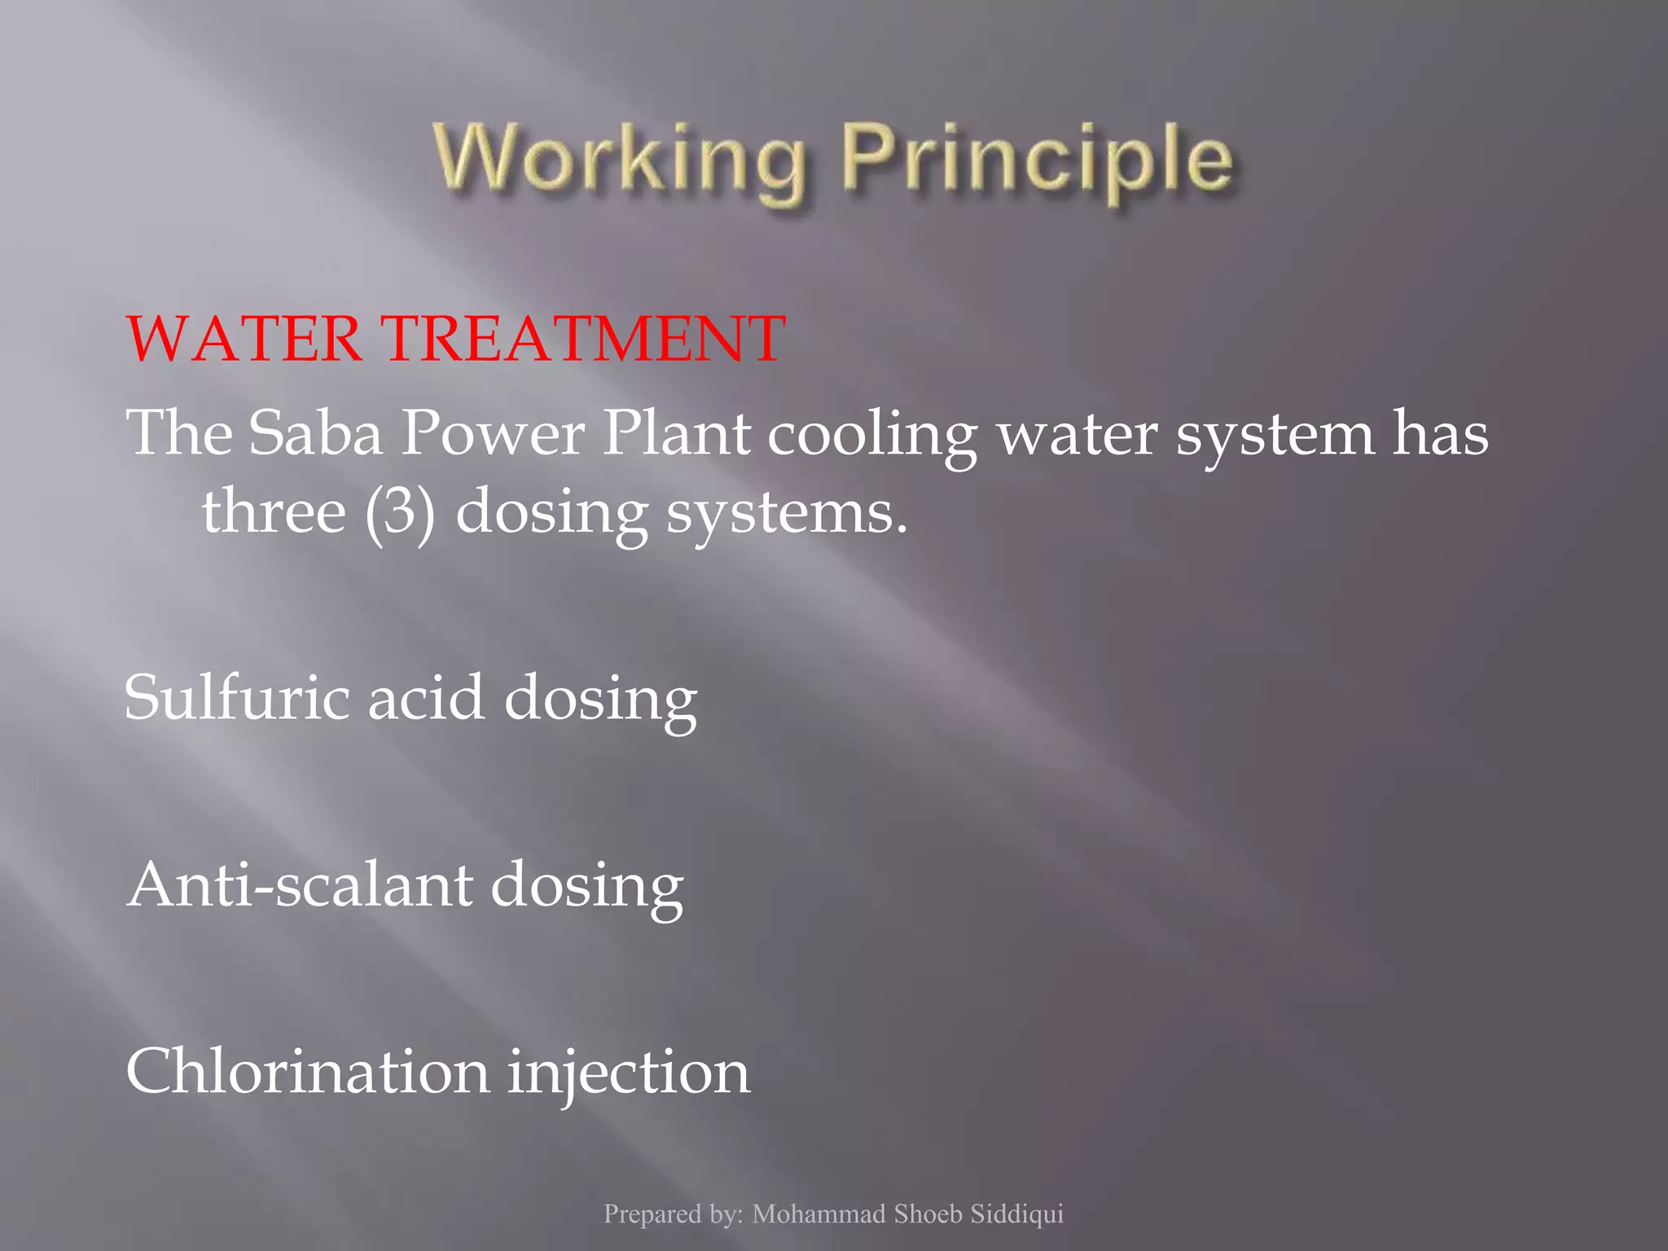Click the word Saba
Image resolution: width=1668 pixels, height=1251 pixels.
coord(315,432)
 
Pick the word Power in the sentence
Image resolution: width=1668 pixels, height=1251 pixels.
coord(493,432)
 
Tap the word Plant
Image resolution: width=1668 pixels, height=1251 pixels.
coord(676,432)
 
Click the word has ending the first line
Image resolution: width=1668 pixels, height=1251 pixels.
coord(1440,432)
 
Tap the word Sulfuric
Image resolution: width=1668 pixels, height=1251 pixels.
coord(237,697)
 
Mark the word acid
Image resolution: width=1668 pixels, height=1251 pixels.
coord(426,697)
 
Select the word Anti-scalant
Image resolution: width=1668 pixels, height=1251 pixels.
coord(300,884)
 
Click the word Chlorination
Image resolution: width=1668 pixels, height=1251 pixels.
coord(308,1071)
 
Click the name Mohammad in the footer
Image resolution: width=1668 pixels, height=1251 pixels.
coord(819,1214)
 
